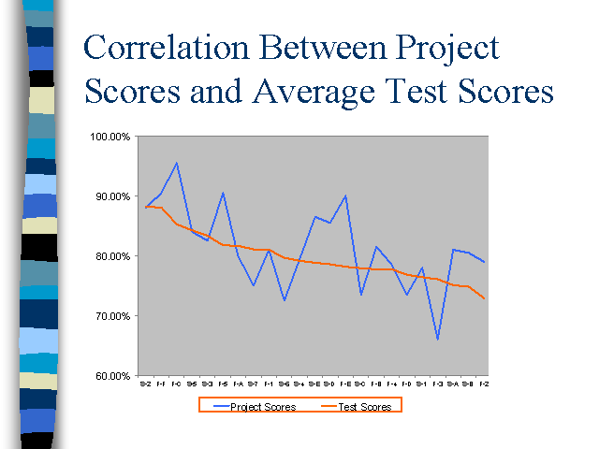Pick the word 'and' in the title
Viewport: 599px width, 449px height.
(x=220, y=93)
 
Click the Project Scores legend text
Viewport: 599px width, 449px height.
(x=263, y=407)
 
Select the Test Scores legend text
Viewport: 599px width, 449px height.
(x=363, y=407)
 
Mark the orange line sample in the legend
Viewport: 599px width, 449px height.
(x=322, y=407)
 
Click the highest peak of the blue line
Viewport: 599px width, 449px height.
(x=176, y=163)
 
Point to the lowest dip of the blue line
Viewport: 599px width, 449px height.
(x=437, y=340)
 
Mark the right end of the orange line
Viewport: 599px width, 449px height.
(x=484, y=298)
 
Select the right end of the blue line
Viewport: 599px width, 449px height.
(x=484, y=262)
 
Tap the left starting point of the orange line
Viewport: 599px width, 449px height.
(x=146, y=207)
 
